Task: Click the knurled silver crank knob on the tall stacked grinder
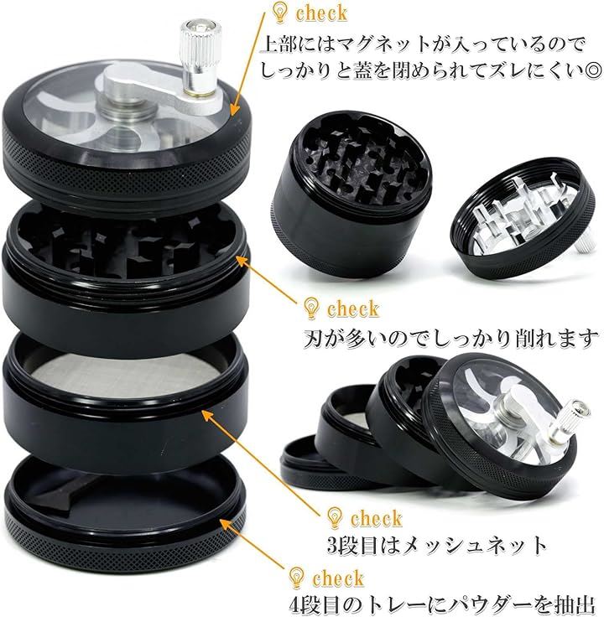tap(199, 57)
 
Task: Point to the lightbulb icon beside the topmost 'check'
tap(280, 13)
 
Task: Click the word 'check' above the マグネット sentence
tap(321, 13)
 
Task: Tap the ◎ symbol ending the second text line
tap(591, 71)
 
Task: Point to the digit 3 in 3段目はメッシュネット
tap(334, 546)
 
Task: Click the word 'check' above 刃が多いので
tap(353, 308)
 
